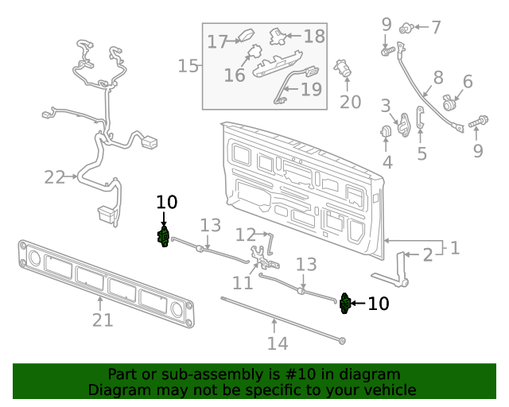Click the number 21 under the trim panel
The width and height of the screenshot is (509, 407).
[103, 320]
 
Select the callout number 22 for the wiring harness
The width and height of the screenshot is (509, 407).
[54, 177]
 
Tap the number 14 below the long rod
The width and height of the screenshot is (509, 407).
[277, 343]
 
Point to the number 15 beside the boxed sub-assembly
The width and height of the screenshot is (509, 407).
[188, 65]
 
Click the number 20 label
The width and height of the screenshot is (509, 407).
[350, 102]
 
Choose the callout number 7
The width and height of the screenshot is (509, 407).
[435, 28]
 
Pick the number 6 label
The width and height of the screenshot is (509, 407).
[467, 81]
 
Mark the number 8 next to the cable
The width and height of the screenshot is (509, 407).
[438, 78]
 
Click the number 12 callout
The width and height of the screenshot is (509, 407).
[245, 235]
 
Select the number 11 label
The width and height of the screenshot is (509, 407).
[243, 282]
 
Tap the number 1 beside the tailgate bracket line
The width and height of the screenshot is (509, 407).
[454, 248]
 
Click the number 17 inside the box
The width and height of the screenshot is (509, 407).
[218, 41]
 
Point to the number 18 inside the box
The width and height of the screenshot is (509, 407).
[314, 36]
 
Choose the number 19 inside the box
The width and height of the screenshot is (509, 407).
[311, 89]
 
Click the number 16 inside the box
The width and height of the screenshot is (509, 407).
[235, 75]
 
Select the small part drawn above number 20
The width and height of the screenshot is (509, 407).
[344, 68]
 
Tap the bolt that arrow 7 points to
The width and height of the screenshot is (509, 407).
[406, 29]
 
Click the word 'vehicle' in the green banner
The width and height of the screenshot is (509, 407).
[387, 390]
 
